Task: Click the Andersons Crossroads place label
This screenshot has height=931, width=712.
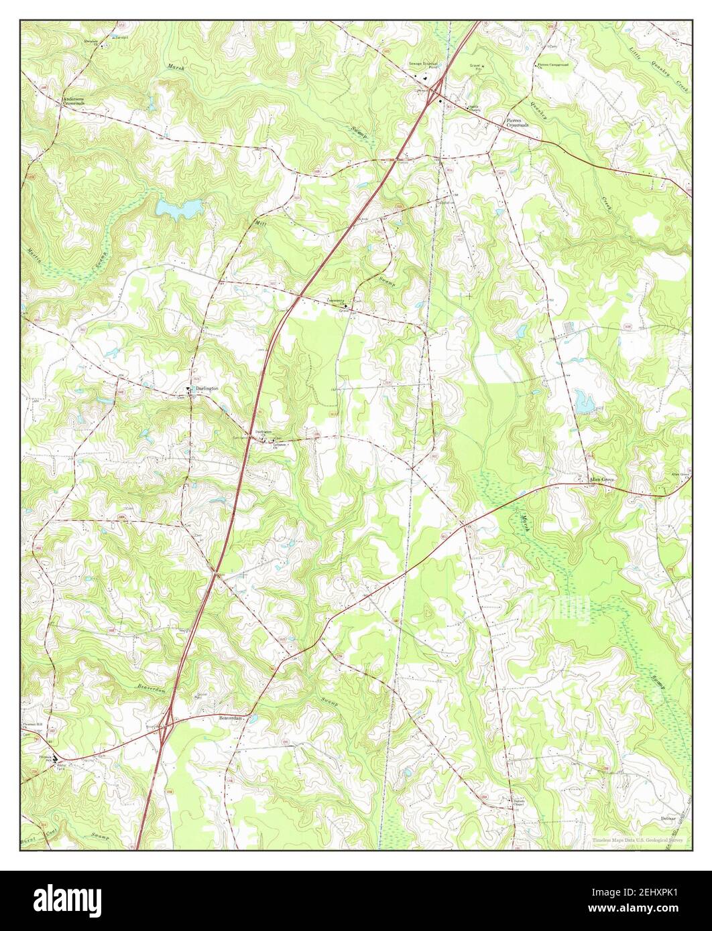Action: [74, 101]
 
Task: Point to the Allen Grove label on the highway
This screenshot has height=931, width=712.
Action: [601, 480]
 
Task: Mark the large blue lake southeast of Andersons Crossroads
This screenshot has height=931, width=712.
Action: [178, 209]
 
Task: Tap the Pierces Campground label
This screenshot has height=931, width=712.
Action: [553, 66]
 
